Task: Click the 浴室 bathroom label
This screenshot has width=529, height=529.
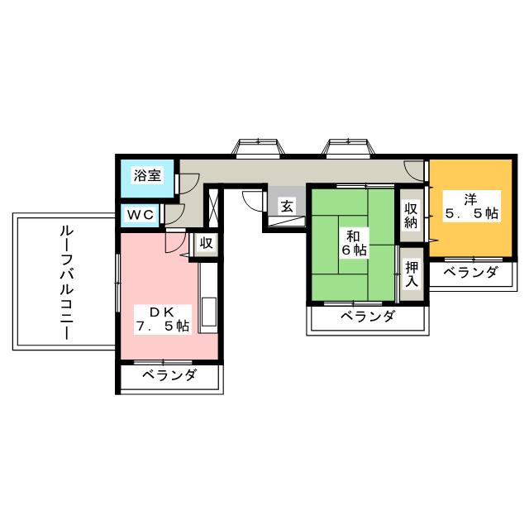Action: click(147, 175)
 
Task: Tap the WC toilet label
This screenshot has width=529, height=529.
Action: click(141, 215)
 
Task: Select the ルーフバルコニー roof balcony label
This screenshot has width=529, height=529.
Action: click(66, 283)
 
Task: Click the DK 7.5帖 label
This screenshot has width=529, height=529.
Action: click(162, 319)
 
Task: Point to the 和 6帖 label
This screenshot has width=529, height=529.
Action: click(355, 243)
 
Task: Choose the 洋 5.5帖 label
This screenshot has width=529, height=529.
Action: click(471, 206)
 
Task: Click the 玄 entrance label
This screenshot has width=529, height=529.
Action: click(287, 206)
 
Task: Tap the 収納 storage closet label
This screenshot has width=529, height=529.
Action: click(412, 215)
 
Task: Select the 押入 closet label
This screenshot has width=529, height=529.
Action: click(412, 274)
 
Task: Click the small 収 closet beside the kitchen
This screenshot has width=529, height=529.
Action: click(206, 243)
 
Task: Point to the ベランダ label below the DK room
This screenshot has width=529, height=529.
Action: click(169, 375)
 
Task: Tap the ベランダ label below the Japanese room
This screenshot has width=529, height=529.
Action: click(367, 317)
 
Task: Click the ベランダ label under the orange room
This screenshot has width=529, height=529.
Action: click(470, 272)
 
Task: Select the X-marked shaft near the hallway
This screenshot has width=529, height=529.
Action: click(213, 207)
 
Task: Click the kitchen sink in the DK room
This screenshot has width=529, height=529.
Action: click(208, 312)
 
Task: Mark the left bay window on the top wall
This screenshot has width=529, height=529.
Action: click(258, 148)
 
